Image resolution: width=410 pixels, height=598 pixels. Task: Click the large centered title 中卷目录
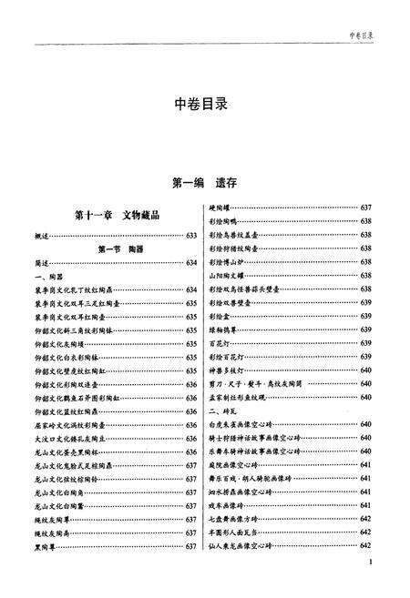pos(205,104)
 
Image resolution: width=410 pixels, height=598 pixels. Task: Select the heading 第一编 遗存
pos(205,182)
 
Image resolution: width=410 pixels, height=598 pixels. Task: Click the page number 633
pos(191,235)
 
